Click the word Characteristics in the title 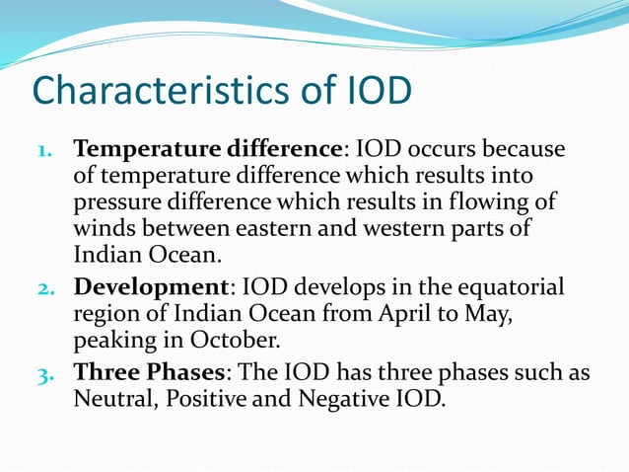[x=162, y=92]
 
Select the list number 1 [x=52, y=152]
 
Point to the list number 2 [x=52, y=288]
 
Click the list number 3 [x=52, y=374]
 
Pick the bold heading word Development [x=150, y=287]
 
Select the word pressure [x=113, y=204]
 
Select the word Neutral [x=110, y=401]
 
